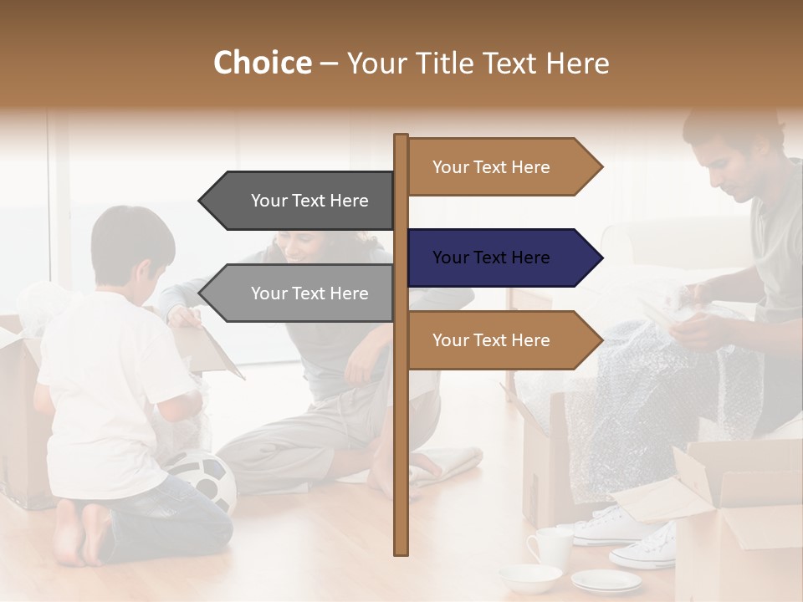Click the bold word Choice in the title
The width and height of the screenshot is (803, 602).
tap(262, 64)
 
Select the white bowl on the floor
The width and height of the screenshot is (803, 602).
tap(529, 577)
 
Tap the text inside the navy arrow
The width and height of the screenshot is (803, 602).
tap(491, 258)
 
